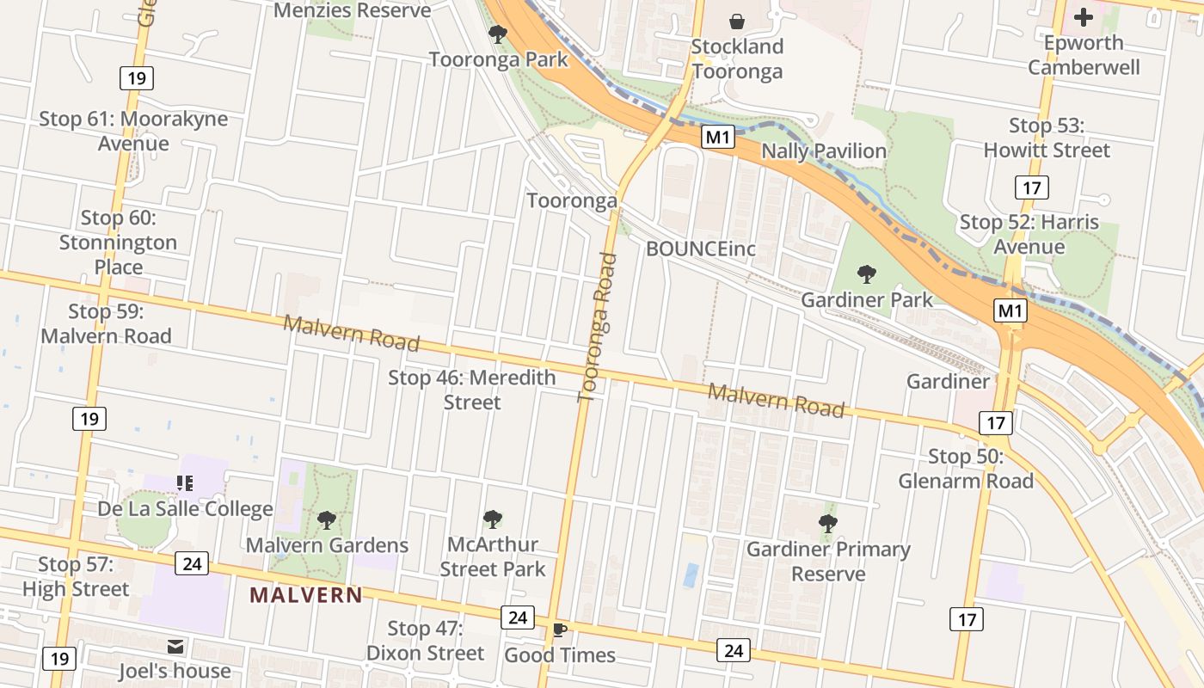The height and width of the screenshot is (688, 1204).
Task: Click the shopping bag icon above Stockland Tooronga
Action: (x=737, y=21)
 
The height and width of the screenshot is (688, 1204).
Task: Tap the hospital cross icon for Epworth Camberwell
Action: (x=1084, y=16)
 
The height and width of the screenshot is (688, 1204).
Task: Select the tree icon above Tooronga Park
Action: (x=497, y=34)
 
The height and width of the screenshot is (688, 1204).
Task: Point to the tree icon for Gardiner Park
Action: (x=866, y=274)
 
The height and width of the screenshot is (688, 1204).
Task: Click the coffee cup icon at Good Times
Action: (x=560, y=630)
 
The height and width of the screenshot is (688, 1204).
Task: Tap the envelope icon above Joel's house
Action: (x=175, y=646)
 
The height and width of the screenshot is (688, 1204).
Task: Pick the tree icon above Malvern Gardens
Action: (x=326, y=519)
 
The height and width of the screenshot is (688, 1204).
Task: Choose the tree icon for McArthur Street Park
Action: (x=492, y=519)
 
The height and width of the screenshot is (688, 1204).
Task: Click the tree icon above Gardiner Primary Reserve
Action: (x=827, y=523)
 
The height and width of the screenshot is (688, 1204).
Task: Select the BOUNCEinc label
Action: (x=701, y=249)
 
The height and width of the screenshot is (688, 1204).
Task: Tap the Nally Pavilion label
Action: (x=824, y=151)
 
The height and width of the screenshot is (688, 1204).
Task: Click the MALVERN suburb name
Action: (x=306, y=594)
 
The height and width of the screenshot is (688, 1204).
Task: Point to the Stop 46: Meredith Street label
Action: (x=472, y=390)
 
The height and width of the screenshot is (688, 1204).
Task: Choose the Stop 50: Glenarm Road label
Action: (x=966, y=469)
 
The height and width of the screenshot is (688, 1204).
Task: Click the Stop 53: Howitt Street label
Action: (x=1047, y=138)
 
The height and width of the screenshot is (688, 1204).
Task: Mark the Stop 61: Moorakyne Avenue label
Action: (x=133, y=131)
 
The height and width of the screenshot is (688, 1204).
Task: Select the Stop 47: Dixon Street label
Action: (x=425, y=641)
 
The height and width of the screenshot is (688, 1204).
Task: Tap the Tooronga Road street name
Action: (x=598, y=327)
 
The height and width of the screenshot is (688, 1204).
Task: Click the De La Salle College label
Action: (x=185, y=509)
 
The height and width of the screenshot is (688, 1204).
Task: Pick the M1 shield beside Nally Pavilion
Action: (x=718, y=138)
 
